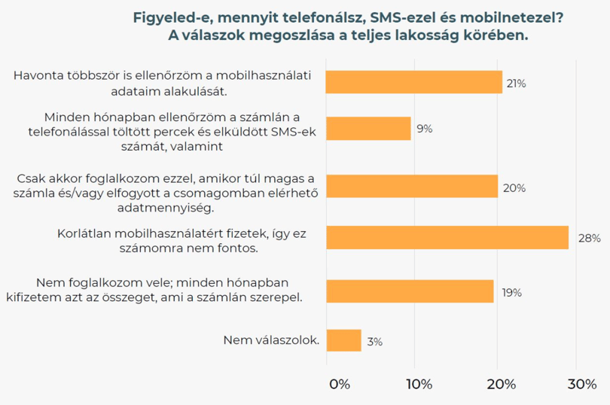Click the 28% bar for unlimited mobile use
447,237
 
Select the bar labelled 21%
414,82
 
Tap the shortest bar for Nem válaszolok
344,340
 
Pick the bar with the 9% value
369,129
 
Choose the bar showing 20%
413,186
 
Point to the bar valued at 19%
410,291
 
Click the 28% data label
590,238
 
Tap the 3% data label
375,342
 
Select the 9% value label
425,129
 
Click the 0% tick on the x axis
340,385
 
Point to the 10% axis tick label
419,385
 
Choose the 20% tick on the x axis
502,385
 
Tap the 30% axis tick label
582,385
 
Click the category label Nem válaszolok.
272,340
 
